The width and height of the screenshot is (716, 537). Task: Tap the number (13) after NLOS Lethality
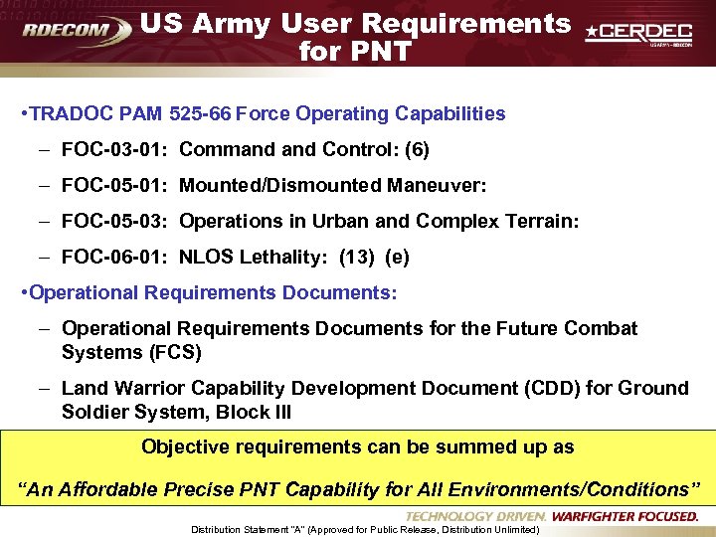(x=357, y=258)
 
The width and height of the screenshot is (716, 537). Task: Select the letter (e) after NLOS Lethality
(x=397, y=258)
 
